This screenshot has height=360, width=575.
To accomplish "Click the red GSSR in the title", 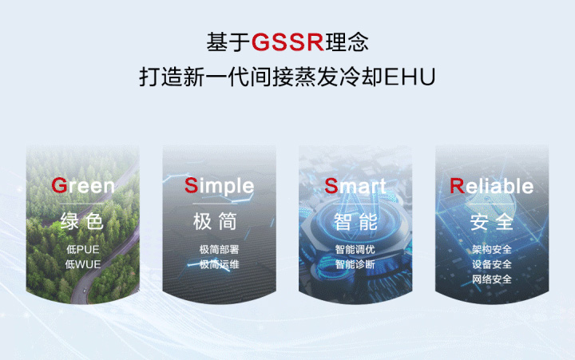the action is pos(287,42).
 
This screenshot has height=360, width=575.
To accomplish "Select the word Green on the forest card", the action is pos(83,185).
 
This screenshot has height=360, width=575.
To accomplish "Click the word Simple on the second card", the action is pos(220,186).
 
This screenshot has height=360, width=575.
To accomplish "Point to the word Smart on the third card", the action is pos(355,186).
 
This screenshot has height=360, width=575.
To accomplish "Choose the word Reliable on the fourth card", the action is pos(492,186).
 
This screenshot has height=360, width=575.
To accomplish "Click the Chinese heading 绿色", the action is pos(82,221).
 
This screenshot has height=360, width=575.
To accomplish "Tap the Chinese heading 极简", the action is pos(216,221).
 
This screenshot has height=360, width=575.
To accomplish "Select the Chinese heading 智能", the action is pos(355,221).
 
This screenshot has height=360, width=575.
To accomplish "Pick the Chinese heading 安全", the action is pos(492,222).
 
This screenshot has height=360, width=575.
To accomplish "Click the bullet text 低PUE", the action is pos(83,250).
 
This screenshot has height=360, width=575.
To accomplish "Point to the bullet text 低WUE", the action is pos(83,264).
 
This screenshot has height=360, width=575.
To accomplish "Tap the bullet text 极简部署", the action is pos(220,250).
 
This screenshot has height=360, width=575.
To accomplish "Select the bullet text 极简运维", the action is pos(220,264).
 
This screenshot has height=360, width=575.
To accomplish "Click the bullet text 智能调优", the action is pos(355,250).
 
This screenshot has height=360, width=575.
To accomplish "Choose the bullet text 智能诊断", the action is pos(355,264).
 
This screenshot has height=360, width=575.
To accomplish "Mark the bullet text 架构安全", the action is pos(492,250).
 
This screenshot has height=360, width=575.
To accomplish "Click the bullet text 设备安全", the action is pos(492,264).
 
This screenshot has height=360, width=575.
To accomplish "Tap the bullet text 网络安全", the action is pos(492,279).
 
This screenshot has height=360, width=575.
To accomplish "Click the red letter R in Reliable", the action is pos(457,186).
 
